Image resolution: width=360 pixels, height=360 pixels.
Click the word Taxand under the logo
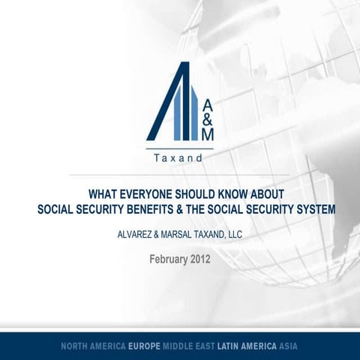[x=179, y=159]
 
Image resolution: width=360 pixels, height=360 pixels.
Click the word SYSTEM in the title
[x=310, y=208]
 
